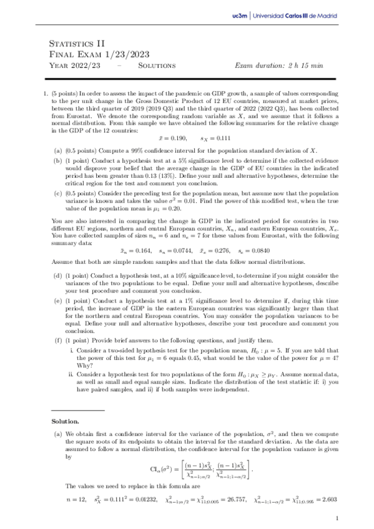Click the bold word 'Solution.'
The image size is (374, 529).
click(65, 421)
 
